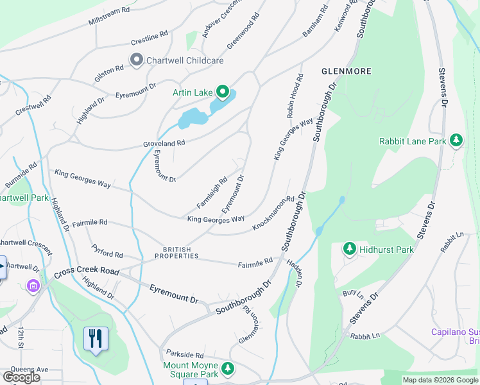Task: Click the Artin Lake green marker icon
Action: [223, 93]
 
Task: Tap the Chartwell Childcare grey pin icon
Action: [136, 60]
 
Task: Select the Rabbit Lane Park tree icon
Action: [456, 141]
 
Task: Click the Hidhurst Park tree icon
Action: [349, 248]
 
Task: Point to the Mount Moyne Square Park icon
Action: [228, 369]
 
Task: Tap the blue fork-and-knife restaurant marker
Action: [96, 338]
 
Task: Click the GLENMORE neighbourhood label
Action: [346, 71]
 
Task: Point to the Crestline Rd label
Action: [149, 38]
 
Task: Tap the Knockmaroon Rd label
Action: [273, 214]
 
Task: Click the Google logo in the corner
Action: [21, 377]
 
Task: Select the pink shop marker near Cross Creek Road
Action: [32, 286]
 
